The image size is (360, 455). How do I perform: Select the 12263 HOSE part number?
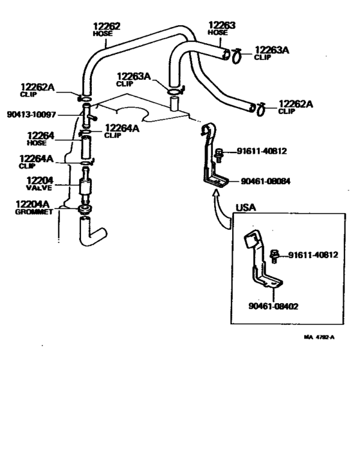tap(222, 26)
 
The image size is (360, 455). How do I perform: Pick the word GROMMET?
tap(33, 212)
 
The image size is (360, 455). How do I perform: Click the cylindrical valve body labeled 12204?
tap(83, 189)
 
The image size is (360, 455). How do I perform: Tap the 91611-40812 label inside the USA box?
tap(312, 255)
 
